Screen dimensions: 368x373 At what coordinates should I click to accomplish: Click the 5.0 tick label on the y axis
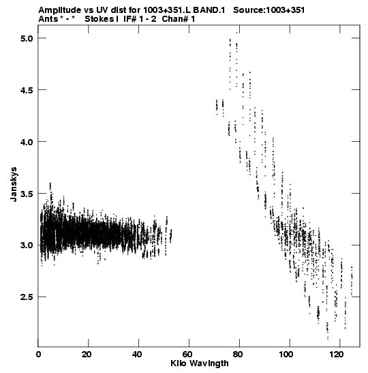click(27, 38)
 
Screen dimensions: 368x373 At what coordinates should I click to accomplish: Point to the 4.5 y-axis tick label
click(27, 90)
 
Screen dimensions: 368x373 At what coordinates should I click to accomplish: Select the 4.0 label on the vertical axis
click(27, 142)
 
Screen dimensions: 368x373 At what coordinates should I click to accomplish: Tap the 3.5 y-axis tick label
click(27, 194)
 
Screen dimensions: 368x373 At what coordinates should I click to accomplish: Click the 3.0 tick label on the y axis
click(27, 245)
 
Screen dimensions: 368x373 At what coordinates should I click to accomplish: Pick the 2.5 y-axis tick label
click(27, 297)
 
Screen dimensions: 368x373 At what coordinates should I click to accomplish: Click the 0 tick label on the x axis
click(38, 355)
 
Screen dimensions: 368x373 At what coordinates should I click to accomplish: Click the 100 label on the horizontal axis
click(288, 355)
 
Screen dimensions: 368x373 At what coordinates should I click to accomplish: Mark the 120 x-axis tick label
click(339, 355)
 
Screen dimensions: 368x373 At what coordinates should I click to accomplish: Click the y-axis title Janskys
click(14, 184)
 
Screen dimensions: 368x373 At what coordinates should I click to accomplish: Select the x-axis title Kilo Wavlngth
click(200, 363)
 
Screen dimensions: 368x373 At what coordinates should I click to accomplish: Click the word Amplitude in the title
click(60, 10)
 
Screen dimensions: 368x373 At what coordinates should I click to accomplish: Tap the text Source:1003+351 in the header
click(269, 10)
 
